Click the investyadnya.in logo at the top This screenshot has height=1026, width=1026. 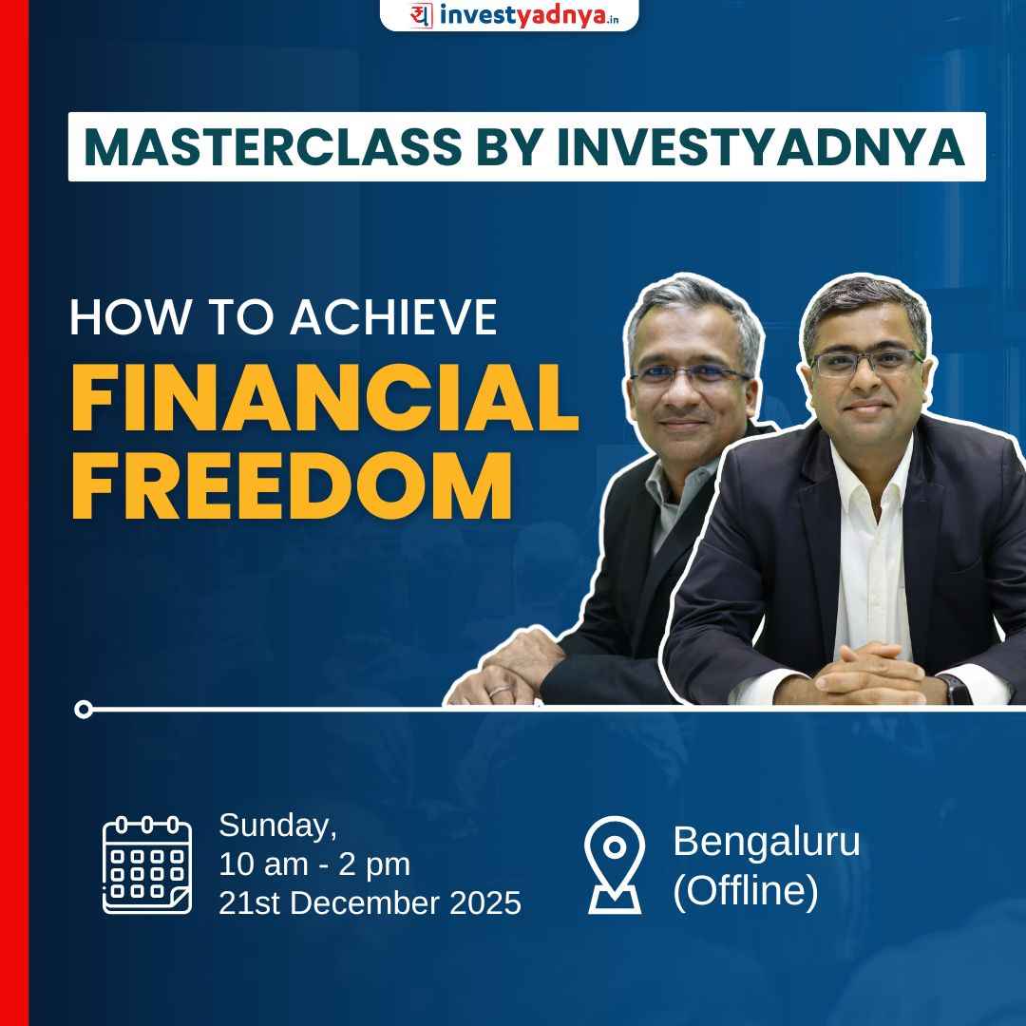[509, 15]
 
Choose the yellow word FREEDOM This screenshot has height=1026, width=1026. [292, 487]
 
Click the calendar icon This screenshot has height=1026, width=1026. [147, 864]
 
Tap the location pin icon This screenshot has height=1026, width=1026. [615, 864]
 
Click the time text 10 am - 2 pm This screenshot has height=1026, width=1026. [314, 864]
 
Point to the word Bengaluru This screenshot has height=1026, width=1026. [766, 842]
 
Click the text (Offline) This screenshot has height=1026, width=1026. [745, 892]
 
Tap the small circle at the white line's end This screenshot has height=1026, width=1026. [84, 709]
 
